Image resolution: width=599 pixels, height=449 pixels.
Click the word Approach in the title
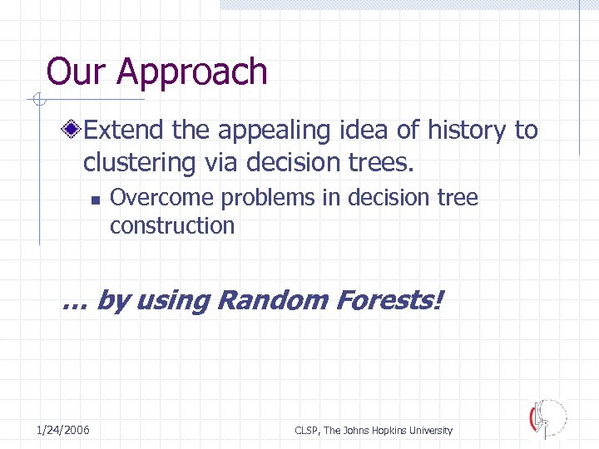192,73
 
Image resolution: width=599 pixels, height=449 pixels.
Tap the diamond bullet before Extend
74,130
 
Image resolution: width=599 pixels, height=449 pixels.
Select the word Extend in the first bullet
124,130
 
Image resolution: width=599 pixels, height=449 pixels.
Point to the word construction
172,225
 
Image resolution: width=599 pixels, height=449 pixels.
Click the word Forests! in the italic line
389,300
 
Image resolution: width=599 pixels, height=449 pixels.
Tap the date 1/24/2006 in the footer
63,430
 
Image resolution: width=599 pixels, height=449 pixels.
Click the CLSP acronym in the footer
307,431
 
